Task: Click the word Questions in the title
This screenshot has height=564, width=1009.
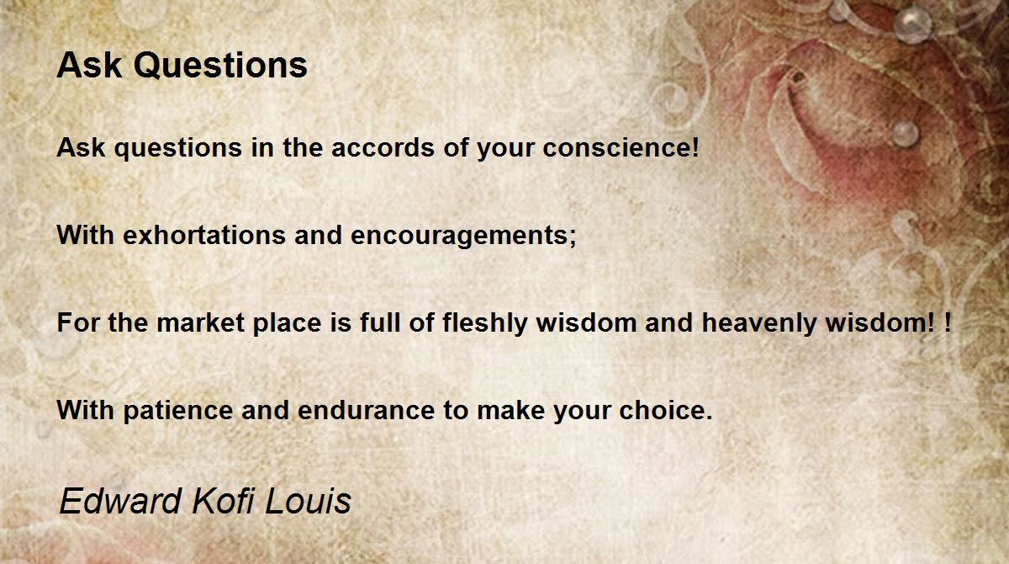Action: click(220, 67)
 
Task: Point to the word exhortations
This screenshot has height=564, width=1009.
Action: click(204, 235)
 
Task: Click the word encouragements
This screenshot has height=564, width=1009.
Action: click(459, 237)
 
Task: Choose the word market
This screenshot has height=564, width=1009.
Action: click(200, 322)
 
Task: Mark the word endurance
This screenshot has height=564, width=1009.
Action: click(367, 410)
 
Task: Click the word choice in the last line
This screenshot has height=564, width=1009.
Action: click(659, 410)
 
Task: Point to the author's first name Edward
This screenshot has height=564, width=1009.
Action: click(120, 501)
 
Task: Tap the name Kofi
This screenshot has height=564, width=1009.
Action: click(223, 501)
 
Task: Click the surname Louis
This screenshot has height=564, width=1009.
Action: click(308, 501)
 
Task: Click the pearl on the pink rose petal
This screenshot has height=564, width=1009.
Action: click(906, 134)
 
